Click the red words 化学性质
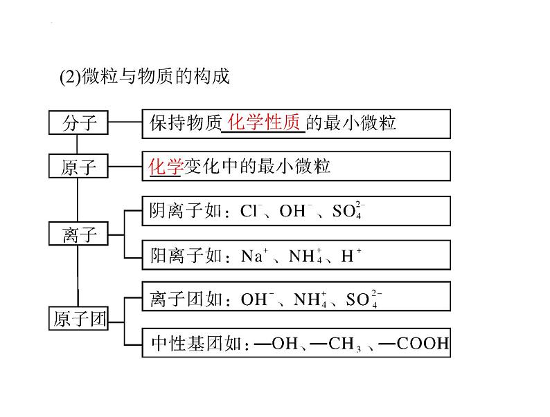(x=263, y=122)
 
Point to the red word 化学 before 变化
(x=166, y=166)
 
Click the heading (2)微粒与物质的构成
(x=145, y=76)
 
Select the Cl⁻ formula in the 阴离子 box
(x=251, y=210)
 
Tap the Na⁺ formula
(x=255, y=255)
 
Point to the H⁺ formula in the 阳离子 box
(x=351, y=255)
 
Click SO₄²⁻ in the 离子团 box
(x=364, y=299)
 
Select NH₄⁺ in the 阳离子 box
(x=305, y=256)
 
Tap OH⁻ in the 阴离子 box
(x=296, y=210)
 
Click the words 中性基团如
(x=196, y=344)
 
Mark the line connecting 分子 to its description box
(x=125, y=122)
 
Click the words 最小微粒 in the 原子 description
(x=294, y=166)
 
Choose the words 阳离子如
(x=186, y=255)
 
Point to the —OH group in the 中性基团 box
(x=276, y=343)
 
